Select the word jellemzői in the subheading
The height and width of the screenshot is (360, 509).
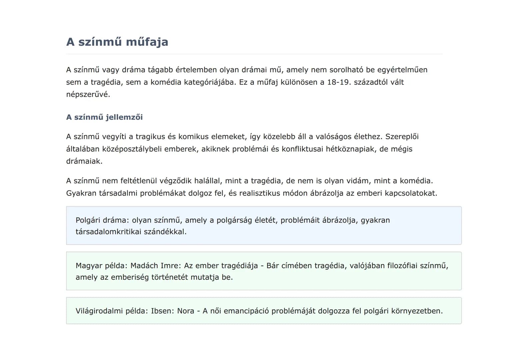click(x=124, y=117)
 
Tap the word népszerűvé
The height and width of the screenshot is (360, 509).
click(x=88, y=94)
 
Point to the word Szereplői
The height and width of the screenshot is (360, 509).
click(x=402, y=137)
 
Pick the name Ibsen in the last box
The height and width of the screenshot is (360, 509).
click(x=162, y=311)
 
